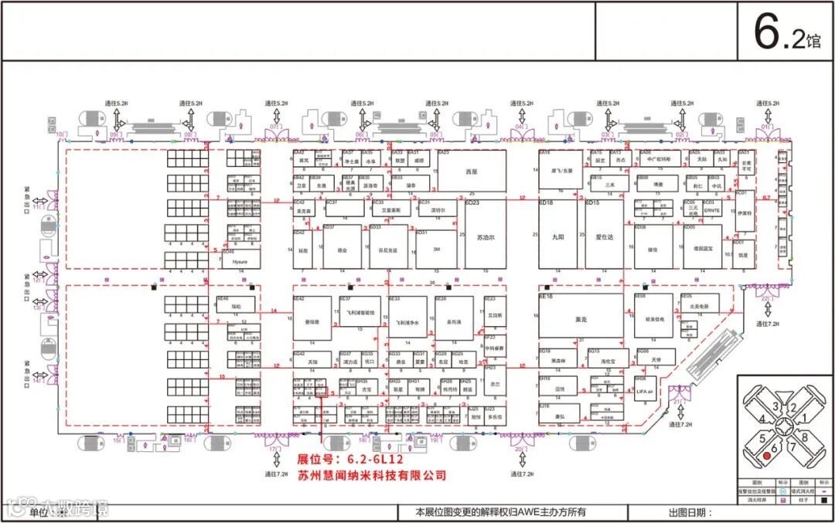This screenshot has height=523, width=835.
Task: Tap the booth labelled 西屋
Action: pos(472,172)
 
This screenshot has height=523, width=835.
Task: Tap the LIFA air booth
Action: pos(645,393)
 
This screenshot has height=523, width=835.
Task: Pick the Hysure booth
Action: pos(239,262)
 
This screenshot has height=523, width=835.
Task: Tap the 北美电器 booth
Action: pos(698,306)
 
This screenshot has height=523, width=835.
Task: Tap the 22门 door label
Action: pos(767,297)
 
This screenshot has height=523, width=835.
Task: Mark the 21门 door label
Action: pos(680,402)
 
